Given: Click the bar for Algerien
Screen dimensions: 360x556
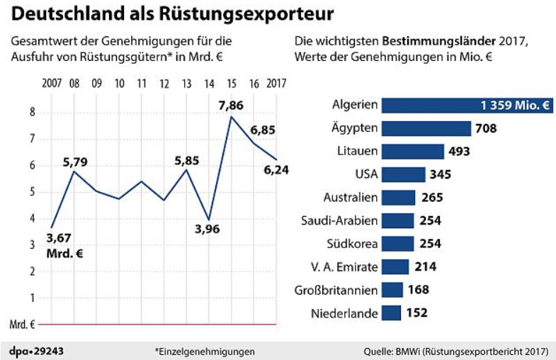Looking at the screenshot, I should coord(466,106).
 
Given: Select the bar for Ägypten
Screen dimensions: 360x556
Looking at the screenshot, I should coord(426,128).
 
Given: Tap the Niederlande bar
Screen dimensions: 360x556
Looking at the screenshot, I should coord(391,313).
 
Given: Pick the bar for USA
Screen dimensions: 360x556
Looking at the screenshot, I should coord(403,174).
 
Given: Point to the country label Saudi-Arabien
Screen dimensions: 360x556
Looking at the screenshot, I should coord(339,220).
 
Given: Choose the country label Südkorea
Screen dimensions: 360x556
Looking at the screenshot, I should coord(351,244).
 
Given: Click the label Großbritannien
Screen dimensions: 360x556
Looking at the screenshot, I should coord(335,290).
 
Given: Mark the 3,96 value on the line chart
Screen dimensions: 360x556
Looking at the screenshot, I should coord(207,230).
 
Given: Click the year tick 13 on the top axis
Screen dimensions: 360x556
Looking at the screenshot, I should coord(187,84).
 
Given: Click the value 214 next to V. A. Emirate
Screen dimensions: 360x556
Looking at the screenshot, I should coord(426,266).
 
